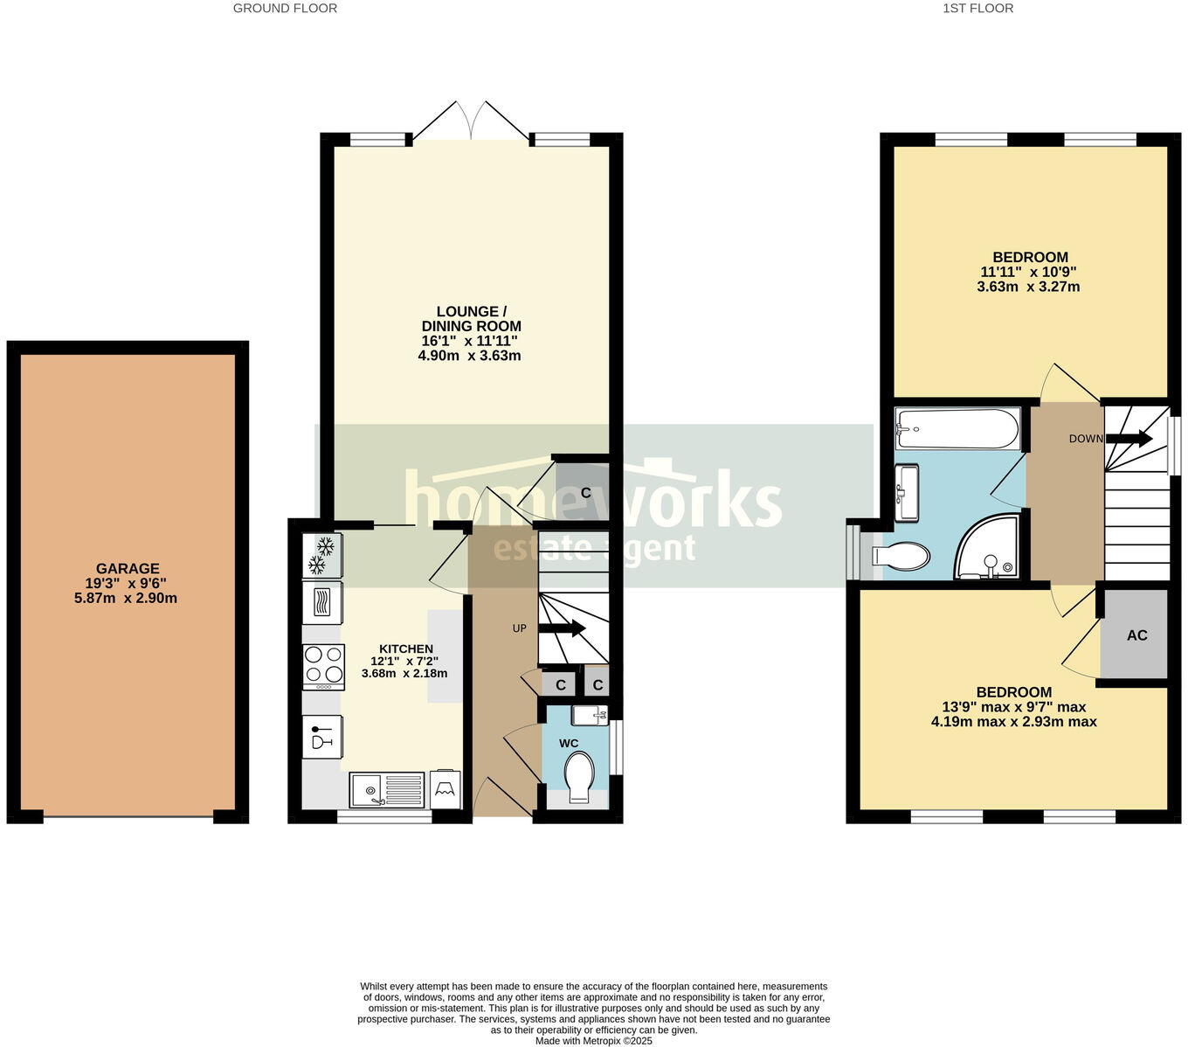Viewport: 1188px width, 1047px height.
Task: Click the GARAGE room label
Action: [x=128, y=568]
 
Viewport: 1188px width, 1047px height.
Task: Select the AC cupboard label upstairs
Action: [x=1136, y=635]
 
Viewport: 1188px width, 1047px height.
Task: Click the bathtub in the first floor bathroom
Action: [x=957, y=429]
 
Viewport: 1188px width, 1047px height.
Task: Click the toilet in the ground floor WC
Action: [x=579, y=776]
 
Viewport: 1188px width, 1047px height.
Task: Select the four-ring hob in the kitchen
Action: [x=322, y=664]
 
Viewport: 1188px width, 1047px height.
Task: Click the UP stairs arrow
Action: [x=562, y=628]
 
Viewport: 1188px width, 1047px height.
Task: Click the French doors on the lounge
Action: [x=472, y=122]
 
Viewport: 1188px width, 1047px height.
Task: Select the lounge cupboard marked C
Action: [x=585, y=493]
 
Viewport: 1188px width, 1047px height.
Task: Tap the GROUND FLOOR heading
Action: [x=285, y=8]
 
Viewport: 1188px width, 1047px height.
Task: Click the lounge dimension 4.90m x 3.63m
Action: [x=470, y=356]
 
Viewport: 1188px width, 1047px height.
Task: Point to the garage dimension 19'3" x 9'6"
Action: [x=128, y=583]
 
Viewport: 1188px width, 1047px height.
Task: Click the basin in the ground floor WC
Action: [x=590, y=716]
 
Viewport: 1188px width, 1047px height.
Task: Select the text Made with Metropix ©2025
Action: [x=593, y=1041]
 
